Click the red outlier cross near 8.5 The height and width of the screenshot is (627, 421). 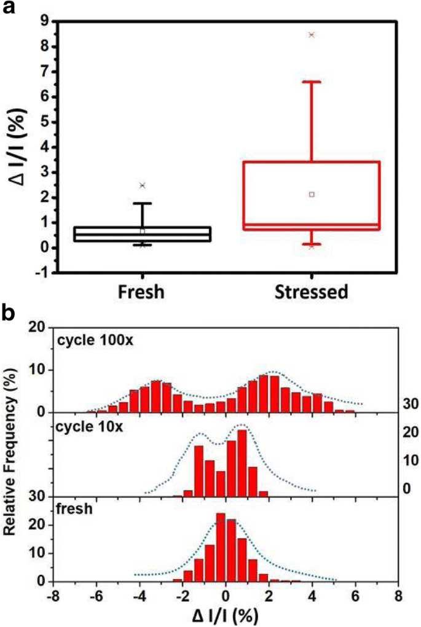(x=312, y=35)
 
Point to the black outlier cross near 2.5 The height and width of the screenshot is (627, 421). (x=142, y=185)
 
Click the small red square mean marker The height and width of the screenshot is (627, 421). (x=312, y=194)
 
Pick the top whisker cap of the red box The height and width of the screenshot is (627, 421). (x=312, y=82)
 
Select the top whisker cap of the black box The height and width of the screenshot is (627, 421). (x=142, y=203)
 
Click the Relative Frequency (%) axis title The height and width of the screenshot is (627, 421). (x=14, y=453)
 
